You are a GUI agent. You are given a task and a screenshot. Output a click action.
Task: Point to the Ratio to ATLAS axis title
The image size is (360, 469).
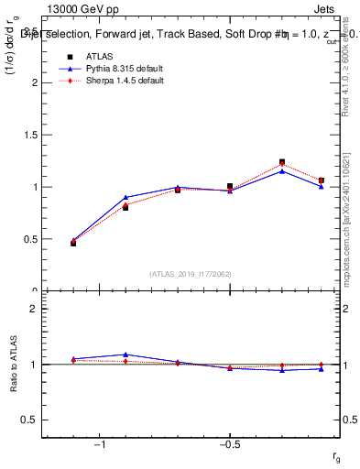(x=12, y=364)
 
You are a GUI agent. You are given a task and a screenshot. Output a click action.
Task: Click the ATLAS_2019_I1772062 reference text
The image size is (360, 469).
(x=191, y=274)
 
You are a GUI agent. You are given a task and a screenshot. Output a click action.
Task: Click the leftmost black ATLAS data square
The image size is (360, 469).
(x=73, y=243)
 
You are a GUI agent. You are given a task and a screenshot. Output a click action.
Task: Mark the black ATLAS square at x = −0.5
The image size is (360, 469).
(x=230, y=186)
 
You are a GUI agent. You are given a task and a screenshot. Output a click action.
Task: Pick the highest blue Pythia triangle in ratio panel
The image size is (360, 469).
(x=125, y=354)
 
